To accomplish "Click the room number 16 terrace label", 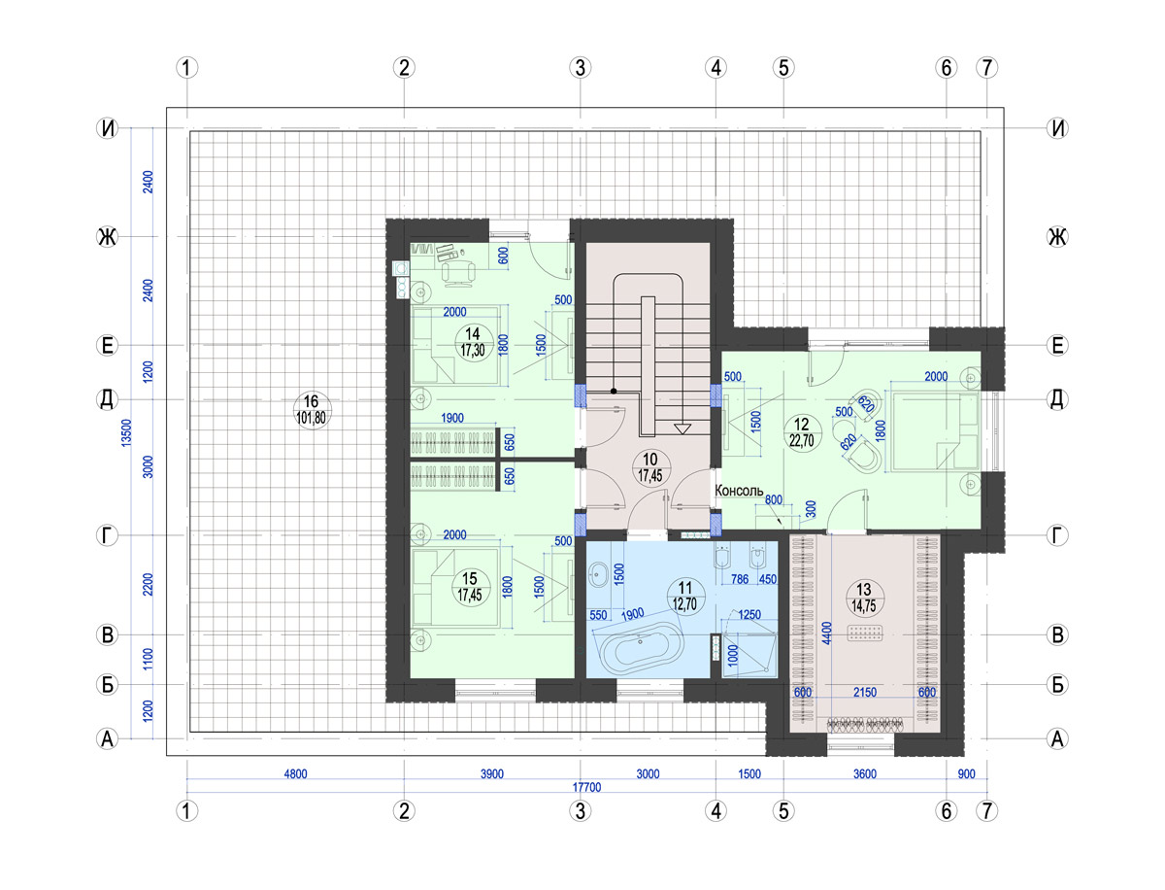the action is (311, 410).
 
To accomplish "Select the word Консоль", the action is (738, 491).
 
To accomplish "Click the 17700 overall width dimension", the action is (586, 787).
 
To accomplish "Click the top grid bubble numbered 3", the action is (580, 67).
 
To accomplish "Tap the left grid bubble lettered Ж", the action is (107, 236).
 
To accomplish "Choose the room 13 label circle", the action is (863, 597).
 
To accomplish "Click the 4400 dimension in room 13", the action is (826, 633).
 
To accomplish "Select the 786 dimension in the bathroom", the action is (740, 578).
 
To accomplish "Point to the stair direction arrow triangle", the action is (682, 428).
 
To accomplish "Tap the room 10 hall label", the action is (650, 466).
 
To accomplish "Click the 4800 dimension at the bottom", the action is (295, 773).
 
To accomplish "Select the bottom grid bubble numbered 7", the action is (986, 811).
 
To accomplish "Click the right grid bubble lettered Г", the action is (1057, 535).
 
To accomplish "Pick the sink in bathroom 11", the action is (600, 573).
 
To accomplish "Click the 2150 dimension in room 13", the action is (865, 692).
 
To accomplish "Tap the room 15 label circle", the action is (470, 586).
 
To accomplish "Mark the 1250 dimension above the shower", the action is (749, 614).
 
